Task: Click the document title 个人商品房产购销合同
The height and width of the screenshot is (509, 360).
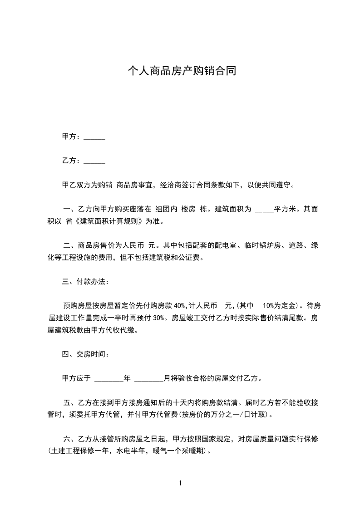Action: click(182, 71)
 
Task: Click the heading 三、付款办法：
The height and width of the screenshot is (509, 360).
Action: click(85, 282)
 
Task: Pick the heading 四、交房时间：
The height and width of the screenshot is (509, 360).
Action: click(85, 353)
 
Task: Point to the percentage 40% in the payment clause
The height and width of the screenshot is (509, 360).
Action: click(181, 305)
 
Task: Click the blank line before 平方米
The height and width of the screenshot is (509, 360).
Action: click(264, 210)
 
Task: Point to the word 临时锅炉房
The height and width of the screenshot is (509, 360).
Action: click(266, 246)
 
